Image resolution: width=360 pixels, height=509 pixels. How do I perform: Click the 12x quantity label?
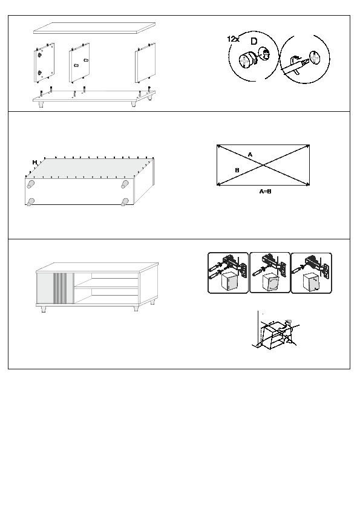click(x=233, y=39)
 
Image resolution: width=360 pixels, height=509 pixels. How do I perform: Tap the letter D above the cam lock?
click(x=254, y=41)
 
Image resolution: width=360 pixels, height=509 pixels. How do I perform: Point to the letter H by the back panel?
click(x=34, y=162)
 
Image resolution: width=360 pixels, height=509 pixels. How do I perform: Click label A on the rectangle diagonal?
click(x=250, y=155)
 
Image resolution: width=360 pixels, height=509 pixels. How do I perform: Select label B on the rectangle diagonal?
click(x=237, y=170)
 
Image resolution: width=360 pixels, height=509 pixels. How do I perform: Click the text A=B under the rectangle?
click(x=265, y=192)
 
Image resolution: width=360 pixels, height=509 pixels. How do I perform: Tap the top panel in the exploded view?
click(x=94, y=28)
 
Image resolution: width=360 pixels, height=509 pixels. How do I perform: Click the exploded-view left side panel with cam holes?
click(x=44, y=63)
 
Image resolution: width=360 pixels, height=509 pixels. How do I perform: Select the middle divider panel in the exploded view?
click(x=79, y=62)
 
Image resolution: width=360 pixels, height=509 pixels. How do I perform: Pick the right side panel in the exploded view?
click(x=145, y=62)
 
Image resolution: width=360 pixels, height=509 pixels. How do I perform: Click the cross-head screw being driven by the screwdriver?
click(x=315, y=57)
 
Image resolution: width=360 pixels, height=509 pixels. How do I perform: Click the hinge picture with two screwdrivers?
click(x=227, y=273)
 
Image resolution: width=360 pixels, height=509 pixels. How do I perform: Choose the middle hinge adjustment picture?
click(x=269, y=273)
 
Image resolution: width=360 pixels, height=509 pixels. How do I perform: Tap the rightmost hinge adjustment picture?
click(x=311, y=273)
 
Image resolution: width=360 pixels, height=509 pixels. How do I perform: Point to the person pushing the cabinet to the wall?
click(x=287, y=332)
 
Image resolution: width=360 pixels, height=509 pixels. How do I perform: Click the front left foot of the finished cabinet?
click(x=43, y=309)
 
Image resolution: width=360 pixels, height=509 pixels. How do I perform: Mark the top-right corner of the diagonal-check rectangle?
click(x=309, y=145)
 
